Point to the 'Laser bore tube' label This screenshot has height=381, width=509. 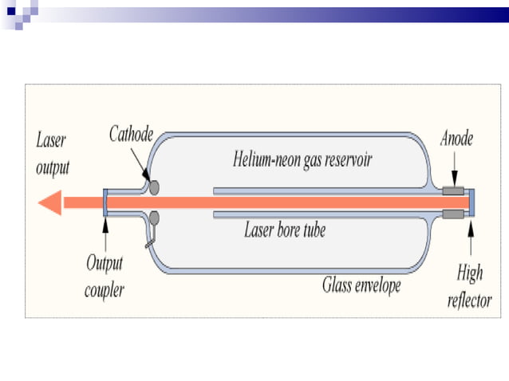click(285, 232)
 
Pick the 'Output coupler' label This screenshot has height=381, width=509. click(105, 276)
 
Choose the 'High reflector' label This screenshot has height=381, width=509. click(469, 286)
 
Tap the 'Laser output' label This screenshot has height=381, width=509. click(53, 154)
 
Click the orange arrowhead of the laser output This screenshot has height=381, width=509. click(50, 203)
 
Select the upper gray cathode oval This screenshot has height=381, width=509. click(154, 188)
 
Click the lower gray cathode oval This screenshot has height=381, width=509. click(154, 218)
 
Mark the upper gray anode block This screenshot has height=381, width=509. click(455, 192)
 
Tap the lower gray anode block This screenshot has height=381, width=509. click(455, 214)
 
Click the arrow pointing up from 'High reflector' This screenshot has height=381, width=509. click(472, 239)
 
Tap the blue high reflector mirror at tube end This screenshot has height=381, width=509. click(472, 203)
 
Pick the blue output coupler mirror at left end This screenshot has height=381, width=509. click(105, 203)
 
